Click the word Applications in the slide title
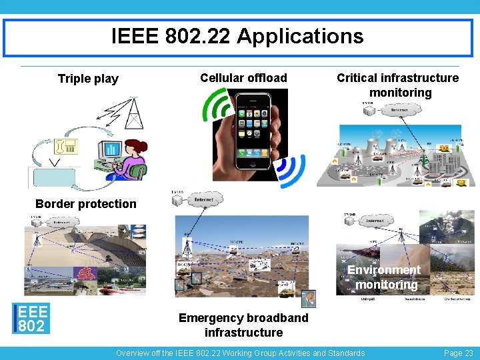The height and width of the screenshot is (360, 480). pos(299,36)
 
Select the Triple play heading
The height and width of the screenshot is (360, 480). pos(88,79)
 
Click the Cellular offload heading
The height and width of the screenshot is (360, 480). pos(243,78)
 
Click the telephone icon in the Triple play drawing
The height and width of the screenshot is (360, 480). pos(69,146)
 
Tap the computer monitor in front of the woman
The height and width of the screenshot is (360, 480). pos(111,151)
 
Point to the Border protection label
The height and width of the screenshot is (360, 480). pos(86,204)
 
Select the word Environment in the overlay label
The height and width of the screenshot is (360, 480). pos(384,270)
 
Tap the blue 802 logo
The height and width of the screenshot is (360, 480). pos(31,318)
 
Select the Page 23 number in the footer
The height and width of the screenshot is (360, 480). pos(459,353)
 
